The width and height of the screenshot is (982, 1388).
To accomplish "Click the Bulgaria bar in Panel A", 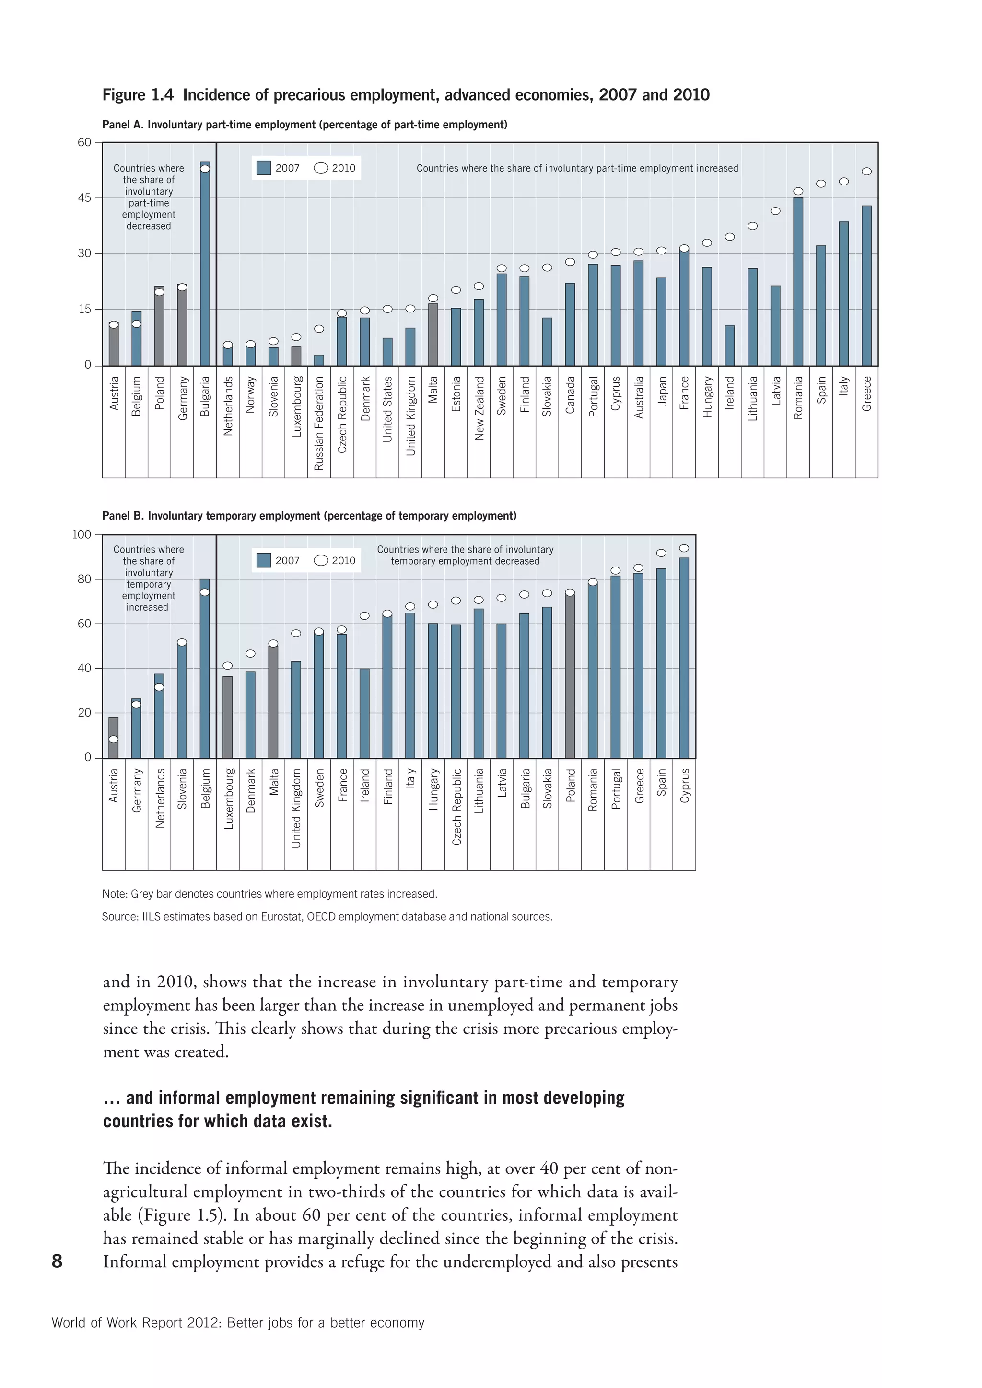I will tap(205, 266).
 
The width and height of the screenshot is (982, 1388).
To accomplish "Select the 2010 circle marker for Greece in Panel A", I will tap(866, 172).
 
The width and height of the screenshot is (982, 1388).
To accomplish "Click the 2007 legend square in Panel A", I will tap(264, 168).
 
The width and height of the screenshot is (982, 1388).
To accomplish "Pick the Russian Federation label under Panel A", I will tap(319, 423).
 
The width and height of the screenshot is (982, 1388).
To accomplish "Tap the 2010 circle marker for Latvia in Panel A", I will tap(775, 211).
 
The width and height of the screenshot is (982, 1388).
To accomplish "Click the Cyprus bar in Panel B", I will tap(684, 658).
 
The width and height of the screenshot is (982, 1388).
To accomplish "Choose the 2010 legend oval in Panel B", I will tap(321, 560).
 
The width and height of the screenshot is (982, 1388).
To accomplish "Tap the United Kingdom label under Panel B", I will tap(296, 808).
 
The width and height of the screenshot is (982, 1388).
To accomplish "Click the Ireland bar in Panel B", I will tap(364, 713).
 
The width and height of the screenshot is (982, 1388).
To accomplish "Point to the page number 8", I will tap(58, 1261).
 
